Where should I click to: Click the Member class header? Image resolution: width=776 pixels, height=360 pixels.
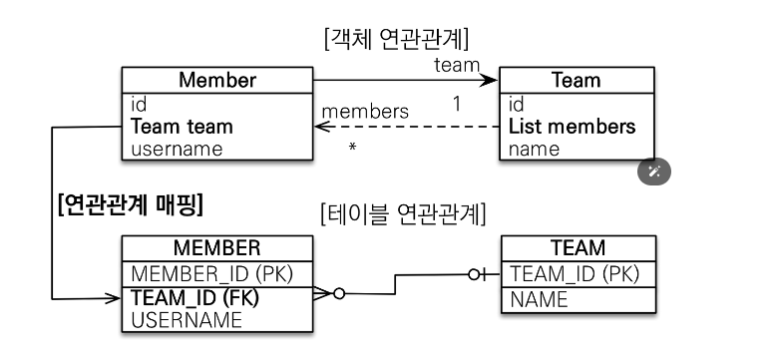217,80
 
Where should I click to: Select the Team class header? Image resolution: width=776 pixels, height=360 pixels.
577,80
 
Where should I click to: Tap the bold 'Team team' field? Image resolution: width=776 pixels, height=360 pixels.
182,127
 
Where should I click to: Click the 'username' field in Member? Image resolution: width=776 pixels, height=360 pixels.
177,149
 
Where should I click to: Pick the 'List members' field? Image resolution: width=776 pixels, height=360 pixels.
573,127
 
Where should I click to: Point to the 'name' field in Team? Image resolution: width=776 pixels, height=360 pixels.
534,149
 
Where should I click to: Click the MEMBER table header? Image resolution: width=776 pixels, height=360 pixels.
217,247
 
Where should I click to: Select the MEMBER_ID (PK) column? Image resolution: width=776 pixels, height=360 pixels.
212,273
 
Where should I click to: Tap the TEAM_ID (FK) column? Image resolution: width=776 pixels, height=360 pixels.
194,298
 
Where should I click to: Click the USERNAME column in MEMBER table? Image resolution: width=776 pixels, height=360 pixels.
187,320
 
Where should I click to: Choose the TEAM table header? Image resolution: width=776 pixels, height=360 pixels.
579,247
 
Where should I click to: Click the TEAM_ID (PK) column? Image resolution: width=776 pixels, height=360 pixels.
575,273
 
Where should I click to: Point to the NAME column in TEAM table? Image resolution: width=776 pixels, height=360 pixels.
539,300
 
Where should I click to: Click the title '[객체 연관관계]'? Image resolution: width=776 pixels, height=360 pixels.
396,39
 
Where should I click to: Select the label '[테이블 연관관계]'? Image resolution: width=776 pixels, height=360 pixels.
403,214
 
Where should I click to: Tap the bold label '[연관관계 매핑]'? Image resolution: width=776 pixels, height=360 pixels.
131,204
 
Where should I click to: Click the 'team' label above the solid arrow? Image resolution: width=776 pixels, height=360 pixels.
457,65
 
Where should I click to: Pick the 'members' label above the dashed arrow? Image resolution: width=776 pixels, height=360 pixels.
365,112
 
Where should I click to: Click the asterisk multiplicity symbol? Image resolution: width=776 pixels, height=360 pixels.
352,147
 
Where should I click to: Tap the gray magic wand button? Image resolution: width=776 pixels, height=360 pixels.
654,173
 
